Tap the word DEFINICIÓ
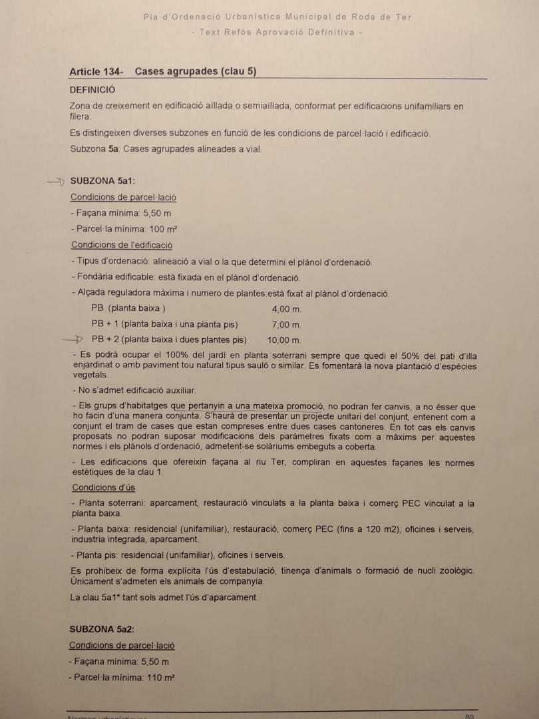tap(92, 89)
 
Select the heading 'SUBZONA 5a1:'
tap(102, 180)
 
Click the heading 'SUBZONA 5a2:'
tap(102, 628)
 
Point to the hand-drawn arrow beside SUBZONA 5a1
tap(57, 180)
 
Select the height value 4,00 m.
tap(286, 310)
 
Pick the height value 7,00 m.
tap(286, 325)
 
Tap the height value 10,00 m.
tap(283, 340)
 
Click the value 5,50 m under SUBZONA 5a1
tap(157, 214)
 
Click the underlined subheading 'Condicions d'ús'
tap(103, 487)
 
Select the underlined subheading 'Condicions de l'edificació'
tap(122, 245)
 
